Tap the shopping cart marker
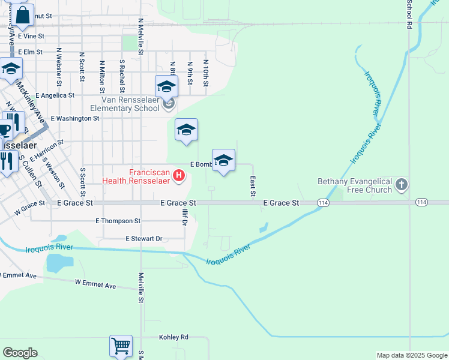(x=121, y=346)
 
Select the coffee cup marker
(x=4, y=130)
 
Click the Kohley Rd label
(x=174, y=337)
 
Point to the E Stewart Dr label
(x=144, y=239)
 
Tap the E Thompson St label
(x=118, y=221)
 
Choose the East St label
(x=253, y=186)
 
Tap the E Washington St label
(x=75, y=119)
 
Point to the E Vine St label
(x=31, y=36)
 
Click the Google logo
(x=20, y=353)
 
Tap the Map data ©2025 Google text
(x=411, y=355)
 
